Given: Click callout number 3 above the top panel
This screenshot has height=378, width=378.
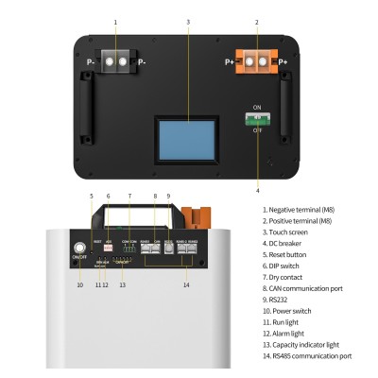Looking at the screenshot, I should click(187, 20).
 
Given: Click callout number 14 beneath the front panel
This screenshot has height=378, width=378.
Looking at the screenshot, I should click(187, 284).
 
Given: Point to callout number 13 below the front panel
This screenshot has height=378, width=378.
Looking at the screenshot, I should click(122, 284).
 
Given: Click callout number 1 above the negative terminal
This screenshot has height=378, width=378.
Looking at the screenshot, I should click(115, 20).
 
